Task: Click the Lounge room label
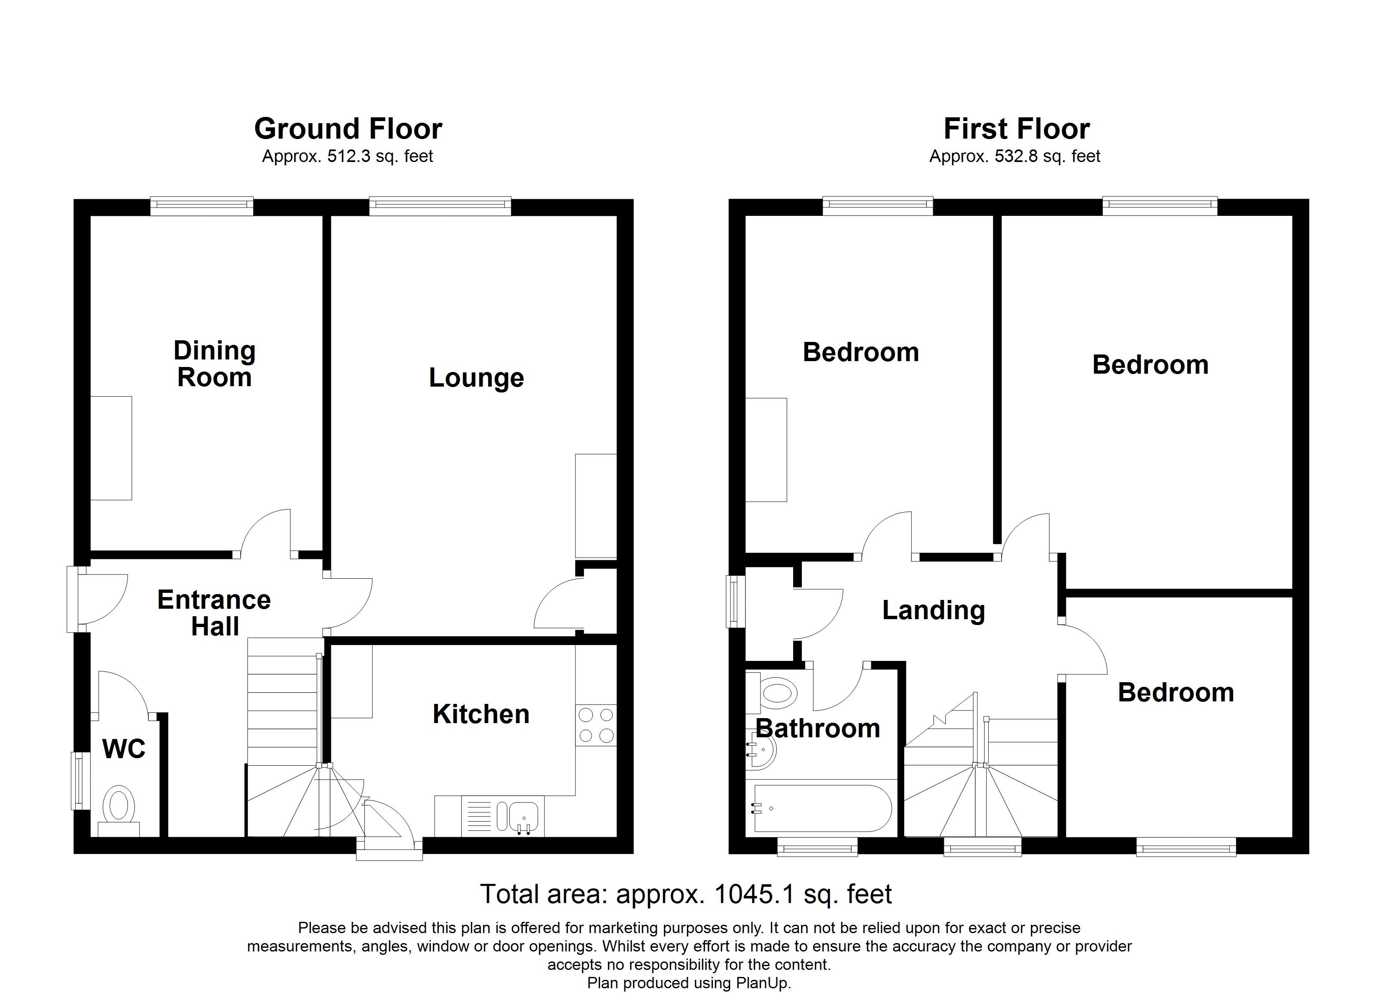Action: point(476,377)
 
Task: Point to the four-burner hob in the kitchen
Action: point(596,725)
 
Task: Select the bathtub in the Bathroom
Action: point(822,808)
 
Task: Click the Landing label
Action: point(933,610)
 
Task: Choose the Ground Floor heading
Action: point(348,129)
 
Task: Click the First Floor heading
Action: point(1016,129)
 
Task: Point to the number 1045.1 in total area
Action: point(754,894)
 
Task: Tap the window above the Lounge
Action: point(440,206)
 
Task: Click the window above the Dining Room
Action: point(202,206)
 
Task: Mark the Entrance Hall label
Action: point(214,612)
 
